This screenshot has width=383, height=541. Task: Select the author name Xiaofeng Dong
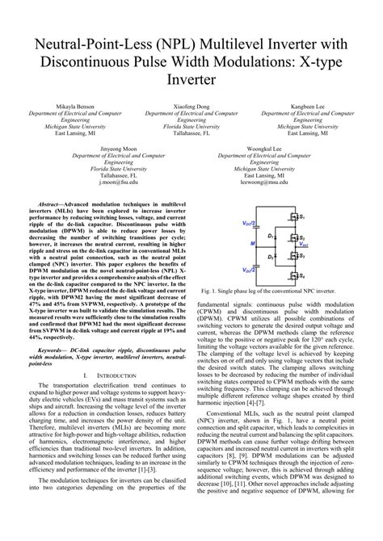(191, 107)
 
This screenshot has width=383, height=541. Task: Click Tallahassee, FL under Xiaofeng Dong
(191, 134)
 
